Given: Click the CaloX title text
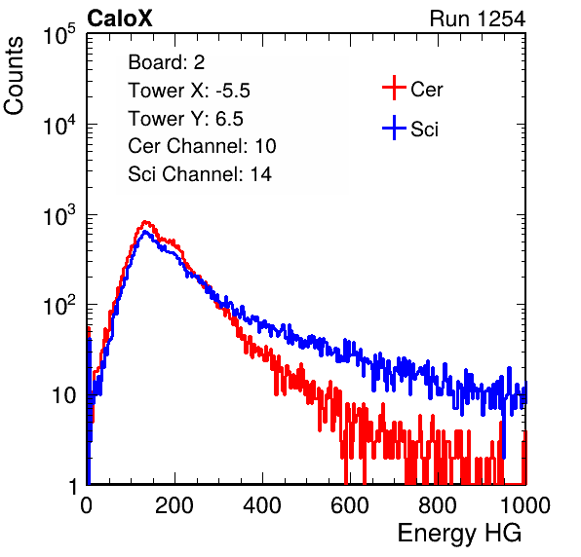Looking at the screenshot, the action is pyautogui.click(x=120, y=19).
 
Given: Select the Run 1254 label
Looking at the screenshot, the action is pyautogui.click(x=478, y=19).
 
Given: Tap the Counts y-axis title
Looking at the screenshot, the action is pyautogui.click(x=14, y=76).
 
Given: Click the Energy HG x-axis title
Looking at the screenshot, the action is pyautogui.click(x=459, y=534).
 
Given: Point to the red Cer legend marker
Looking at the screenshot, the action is pyautogui.click(x=394, y=88).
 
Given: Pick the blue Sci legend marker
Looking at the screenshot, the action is pyautogui.click(x=394, y=128).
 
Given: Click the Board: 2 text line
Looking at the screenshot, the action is pyautogui.click(x=167, y=62).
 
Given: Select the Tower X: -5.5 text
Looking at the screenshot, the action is pyautogui.click(x=189, y=91).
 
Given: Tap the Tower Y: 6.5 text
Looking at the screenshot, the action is pyautogui.click(x=185, y=119).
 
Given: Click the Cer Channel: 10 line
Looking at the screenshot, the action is pyautogui.click(x=202, y=146).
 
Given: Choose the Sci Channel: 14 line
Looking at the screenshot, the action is pyautogui.click(x=200, y=174).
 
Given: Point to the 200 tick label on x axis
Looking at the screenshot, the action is pyautogui.click(x=174, y=505).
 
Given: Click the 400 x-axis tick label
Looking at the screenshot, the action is pyautogui.click(x=262, y=505).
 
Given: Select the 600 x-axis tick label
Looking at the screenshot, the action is pyautogui.click(x=350, y=505).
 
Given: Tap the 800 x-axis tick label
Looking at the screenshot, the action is pyautogui.click(x=438, y=505).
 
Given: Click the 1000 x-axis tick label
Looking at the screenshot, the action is pyautogui.click(x=525, y=505).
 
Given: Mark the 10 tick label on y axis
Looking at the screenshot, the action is pyautogui.click(x=64, y=395).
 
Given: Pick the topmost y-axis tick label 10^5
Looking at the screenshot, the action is pyautogui.click(x=59, y=34).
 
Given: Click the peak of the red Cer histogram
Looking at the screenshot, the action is pyautogui.click(x=145, y=222).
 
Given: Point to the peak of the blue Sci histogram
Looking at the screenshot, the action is pyautogui.click(x=145, y=232).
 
